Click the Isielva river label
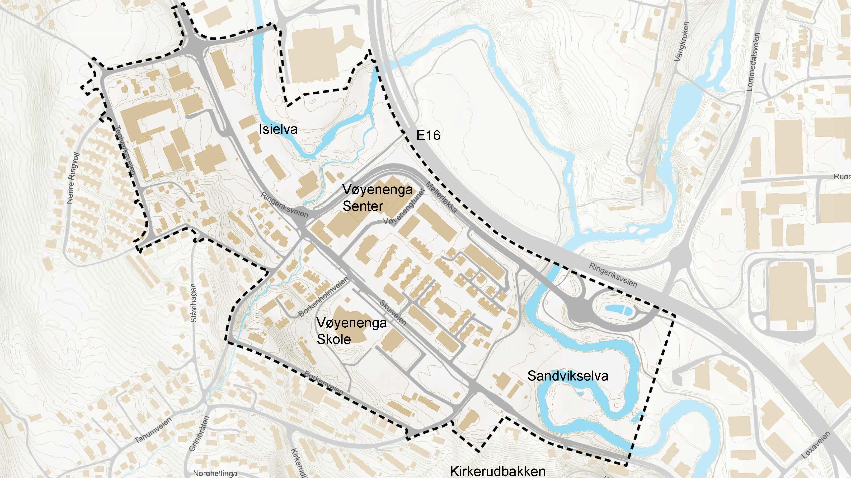pos(278,129)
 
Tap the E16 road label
pos(428,135)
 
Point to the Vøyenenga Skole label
pos(352,331)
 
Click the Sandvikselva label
pos(568,376)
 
